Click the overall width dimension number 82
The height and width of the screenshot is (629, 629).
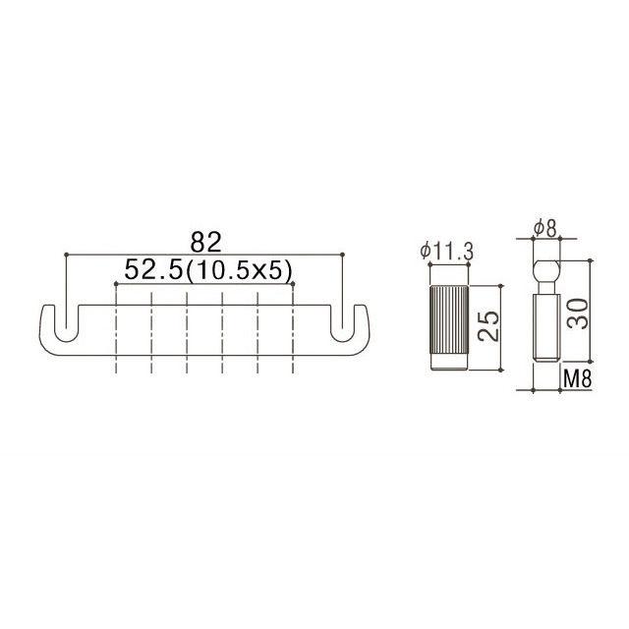[205, 241]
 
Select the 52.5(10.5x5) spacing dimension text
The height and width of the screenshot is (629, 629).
[205, 269]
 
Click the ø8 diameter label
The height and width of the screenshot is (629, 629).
[546, 230]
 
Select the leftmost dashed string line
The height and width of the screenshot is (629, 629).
[116, 334]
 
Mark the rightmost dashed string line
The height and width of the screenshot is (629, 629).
[293, 334]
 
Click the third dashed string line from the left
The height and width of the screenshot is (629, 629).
[187, 334]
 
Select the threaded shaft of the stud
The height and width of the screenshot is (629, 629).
[546, 334]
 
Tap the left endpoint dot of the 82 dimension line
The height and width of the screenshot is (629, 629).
[65, 255]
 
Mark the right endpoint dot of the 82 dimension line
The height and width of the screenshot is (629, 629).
[345, 255]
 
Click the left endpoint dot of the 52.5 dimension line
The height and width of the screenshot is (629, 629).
[116, 283]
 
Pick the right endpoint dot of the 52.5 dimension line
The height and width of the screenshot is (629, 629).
[293, 283]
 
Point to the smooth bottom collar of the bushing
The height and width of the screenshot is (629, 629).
[447, 366]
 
